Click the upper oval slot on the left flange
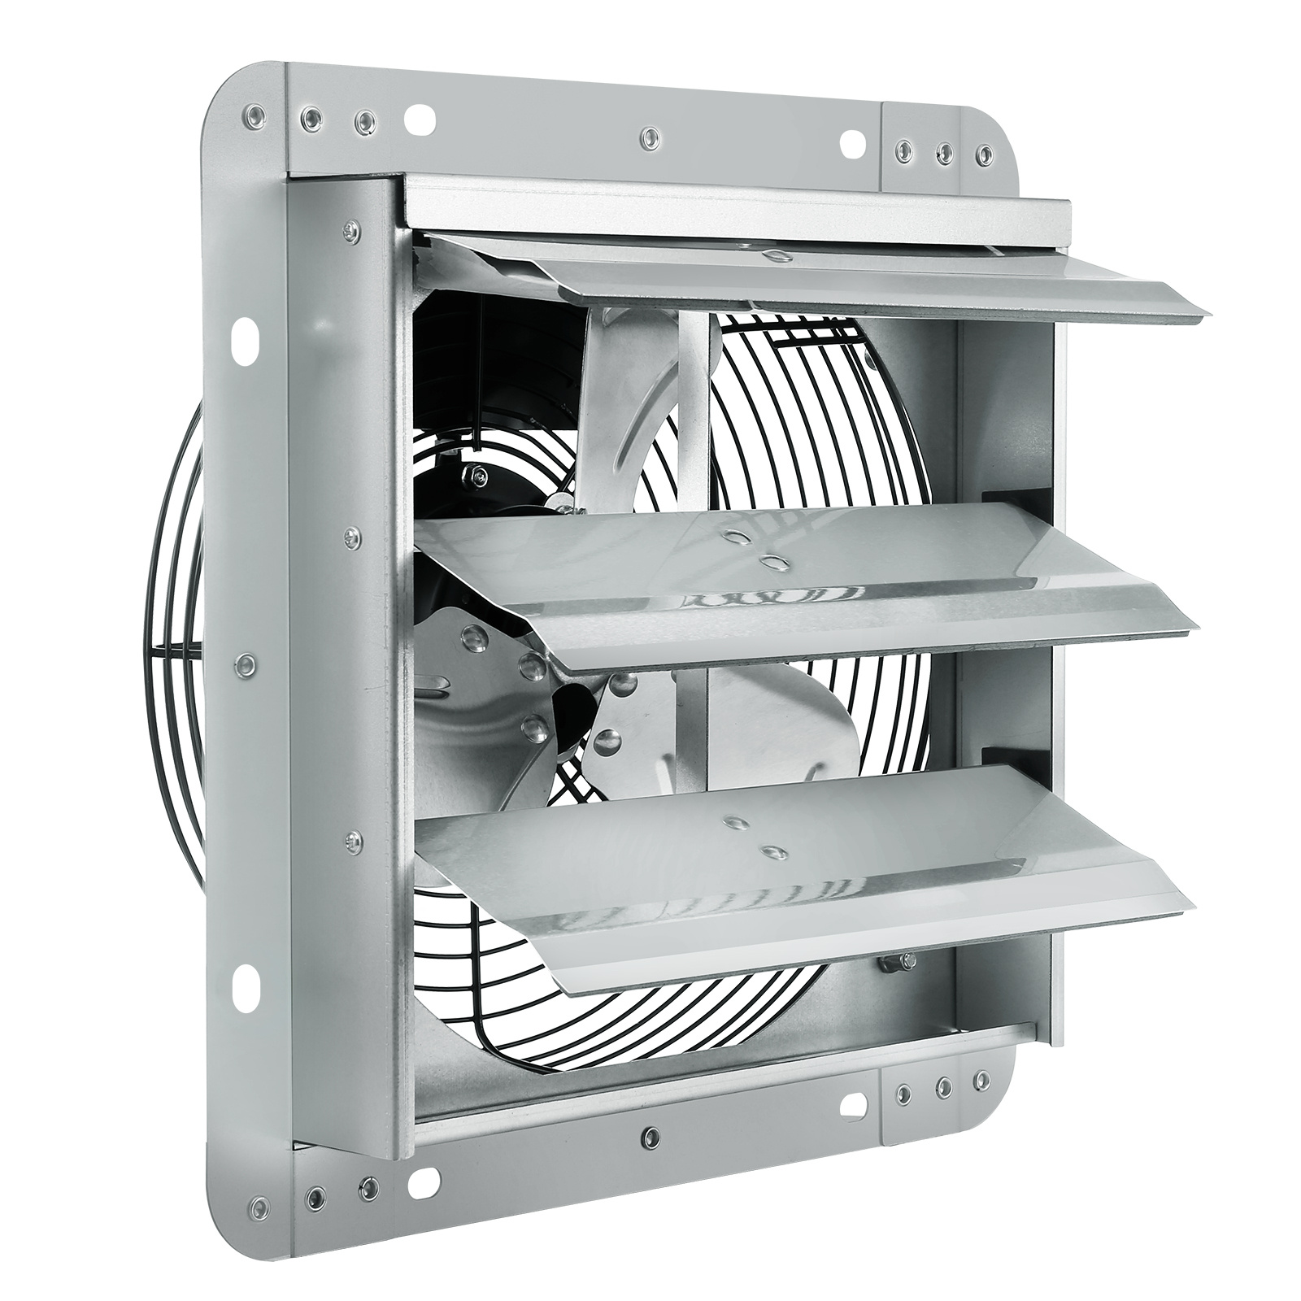(245, 342)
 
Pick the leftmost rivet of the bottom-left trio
(259, 1203)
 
